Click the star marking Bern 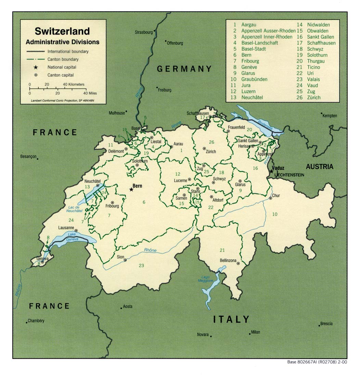pyautogui.click(x=131, y=189)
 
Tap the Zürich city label pyautogui.click(x=211, y=152)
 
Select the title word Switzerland pyautogui.click(x=62, y=31)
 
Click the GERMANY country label pyautogui.click(x=184, y=69)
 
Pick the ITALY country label pyautogui.click(x=231, y=320)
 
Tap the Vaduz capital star pyautogui.click(x=271, y=171)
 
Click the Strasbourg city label pyautogui.click(x=143, y=33)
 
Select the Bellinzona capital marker pyautogui.click(x=238, y=263)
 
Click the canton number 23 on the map pyautogui.click(x=141, y=266)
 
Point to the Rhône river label pyautogui.click(x=150, y=250)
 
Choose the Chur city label pyautogui.click(x=276, y=196)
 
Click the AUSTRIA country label pyautogui.click(x=319, y=167)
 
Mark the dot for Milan pyautogui.click(x=249, y=334)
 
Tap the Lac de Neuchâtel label pyautogui.click(x=74, y=209)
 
